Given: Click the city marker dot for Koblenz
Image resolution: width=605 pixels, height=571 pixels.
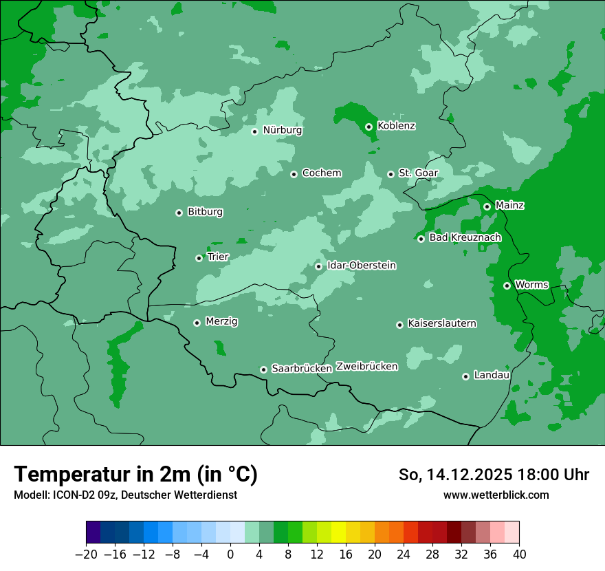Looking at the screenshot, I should coord(368,127).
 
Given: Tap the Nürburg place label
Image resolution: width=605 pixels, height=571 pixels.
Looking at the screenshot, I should coord(282,130).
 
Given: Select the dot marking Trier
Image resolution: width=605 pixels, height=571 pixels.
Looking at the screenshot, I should coord(199,258).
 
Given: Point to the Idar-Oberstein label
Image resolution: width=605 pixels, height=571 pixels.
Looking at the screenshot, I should coord(362,266).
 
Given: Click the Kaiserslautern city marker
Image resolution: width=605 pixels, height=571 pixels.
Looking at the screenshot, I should coord(399,325).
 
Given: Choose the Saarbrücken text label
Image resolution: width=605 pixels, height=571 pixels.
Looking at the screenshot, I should coord(301,369).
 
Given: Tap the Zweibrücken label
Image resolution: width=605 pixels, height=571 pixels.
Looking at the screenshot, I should coord(366,367).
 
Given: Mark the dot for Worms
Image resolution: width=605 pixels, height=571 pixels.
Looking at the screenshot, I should coord(507,285).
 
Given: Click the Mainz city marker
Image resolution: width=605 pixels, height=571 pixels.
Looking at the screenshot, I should coord(487,206).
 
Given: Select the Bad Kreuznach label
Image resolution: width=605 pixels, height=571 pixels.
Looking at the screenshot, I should coord(465,238).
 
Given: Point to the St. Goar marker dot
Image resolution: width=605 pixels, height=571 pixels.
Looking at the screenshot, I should coord(390,174).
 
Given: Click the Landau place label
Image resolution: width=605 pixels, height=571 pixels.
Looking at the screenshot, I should coord(492,376).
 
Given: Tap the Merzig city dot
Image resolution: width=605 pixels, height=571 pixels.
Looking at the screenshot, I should coord(197,323).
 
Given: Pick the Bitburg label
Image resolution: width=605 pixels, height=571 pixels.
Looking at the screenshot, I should coord(205,212).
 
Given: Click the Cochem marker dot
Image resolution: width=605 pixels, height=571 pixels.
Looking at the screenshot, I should coord(294,174).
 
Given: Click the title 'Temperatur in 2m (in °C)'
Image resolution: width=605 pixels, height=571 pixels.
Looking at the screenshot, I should coord(135,474).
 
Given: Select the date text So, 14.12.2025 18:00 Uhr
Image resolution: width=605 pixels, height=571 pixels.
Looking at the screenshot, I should coord(494,475).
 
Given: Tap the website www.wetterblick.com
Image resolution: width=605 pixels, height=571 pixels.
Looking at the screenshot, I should coord(496,495).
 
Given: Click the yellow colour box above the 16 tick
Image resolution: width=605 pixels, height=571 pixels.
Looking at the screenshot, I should coord(338,532).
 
